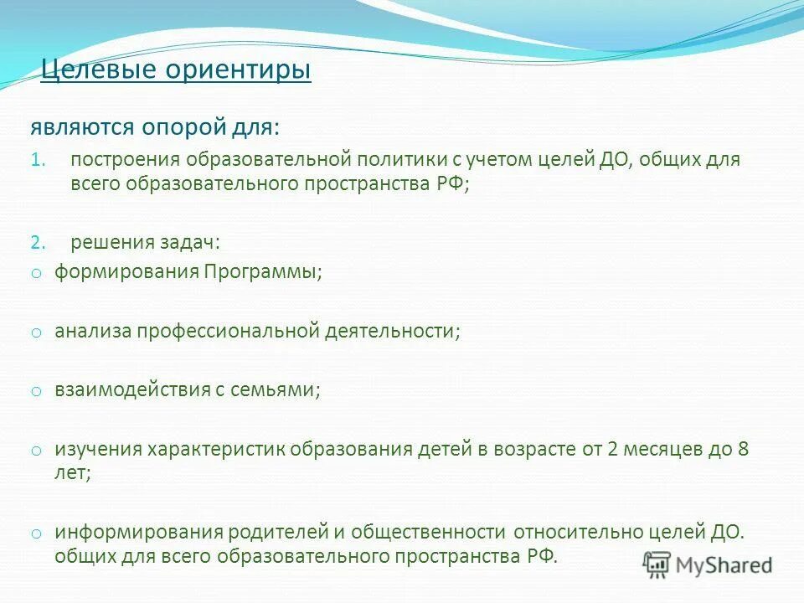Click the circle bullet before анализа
point(36,332)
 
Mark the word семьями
point(282,389)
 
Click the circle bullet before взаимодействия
point(36,391)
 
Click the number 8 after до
point(742,449)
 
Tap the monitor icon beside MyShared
point(658,564)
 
